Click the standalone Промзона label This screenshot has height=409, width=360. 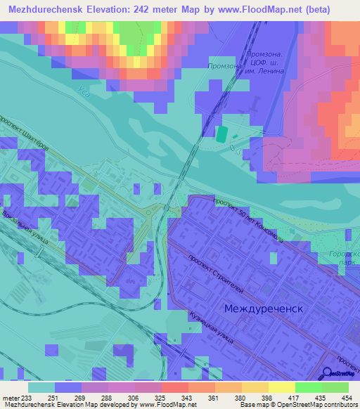(x=225, y=66)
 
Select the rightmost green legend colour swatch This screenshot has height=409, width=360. (x=335, y=387)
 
